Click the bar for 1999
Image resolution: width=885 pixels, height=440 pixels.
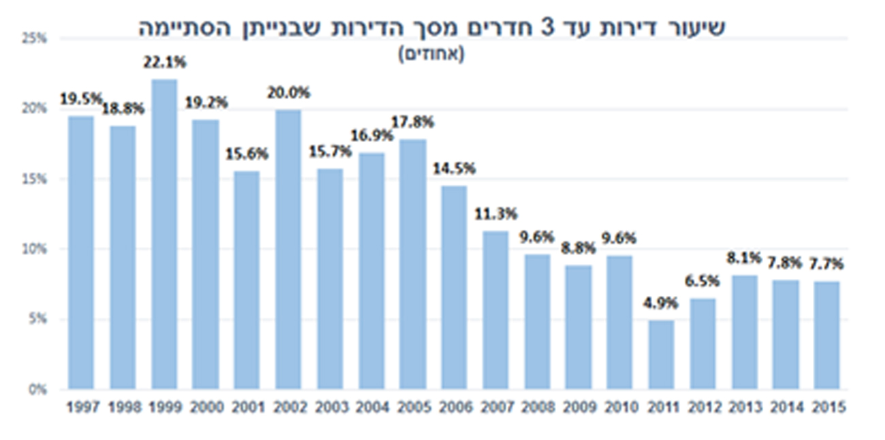click(x=164, y=235)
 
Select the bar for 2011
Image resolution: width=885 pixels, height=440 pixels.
click(x=661, y=355)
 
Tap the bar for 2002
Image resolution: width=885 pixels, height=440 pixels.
click(x=288, y=250)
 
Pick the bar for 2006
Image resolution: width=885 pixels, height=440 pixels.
click(x=453, y=288)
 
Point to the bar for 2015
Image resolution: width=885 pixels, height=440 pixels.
click(x=826, y=335)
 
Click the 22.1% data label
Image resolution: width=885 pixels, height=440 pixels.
click(x=164, y=63)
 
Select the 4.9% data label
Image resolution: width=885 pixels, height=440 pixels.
click(x=661, y=304)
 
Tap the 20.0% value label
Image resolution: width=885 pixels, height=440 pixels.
click(x=288, y=92)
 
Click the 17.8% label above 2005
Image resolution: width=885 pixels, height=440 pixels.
click(x=412, y=123)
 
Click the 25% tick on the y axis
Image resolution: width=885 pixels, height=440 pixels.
click(x=37, y=39)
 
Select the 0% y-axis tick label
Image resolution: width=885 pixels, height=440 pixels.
click(x=39, y=390)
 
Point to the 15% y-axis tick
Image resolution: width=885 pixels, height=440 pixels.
click(x=37, y=180)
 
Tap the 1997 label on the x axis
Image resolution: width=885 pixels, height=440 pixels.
click(x=83, y=408)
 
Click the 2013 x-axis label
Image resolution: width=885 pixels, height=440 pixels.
click(x=745, y=408)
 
